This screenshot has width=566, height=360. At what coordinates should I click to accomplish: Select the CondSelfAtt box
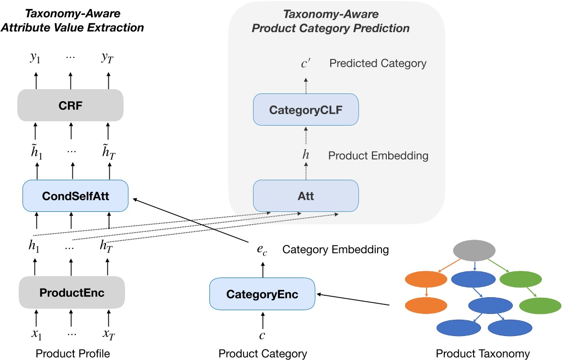coord(75,197)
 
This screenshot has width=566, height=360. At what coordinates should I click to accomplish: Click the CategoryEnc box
coord(263,294)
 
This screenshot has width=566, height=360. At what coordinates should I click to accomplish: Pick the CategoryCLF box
coord(306,110)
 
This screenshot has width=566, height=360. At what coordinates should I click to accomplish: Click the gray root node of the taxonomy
coord(474,250)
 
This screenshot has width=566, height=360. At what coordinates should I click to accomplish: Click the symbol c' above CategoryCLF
coord(306,63)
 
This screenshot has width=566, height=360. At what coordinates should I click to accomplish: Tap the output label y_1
coord(35,59)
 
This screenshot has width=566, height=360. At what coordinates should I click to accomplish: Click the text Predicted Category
coord(378,63)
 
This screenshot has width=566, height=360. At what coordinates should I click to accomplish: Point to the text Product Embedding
coord(379,156)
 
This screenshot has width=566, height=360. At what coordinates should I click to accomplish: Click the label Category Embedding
coord(335,250)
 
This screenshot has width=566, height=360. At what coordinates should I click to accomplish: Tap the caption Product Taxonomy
coord(483,354)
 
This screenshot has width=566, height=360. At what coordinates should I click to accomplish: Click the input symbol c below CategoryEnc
coord(262,336)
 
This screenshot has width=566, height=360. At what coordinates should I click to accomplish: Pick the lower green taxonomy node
coord(540,305)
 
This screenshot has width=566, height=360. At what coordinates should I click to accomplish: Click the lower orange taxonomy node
coord(426,305)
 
